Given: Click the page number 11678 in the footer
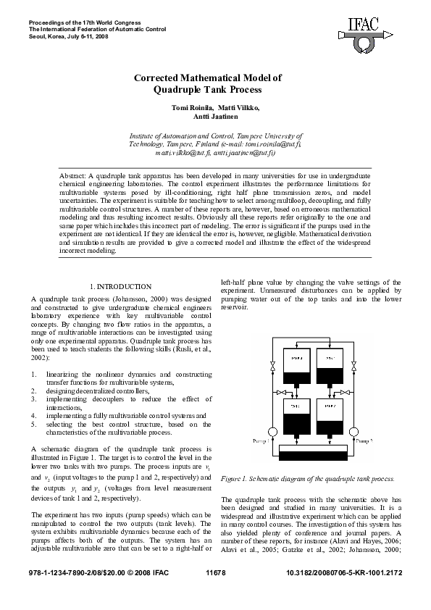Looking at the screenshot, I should point(216,573).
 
